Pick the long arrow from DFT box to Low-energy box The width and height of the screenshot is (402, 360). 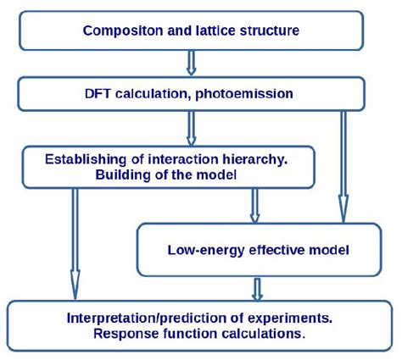coord(343,165)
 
